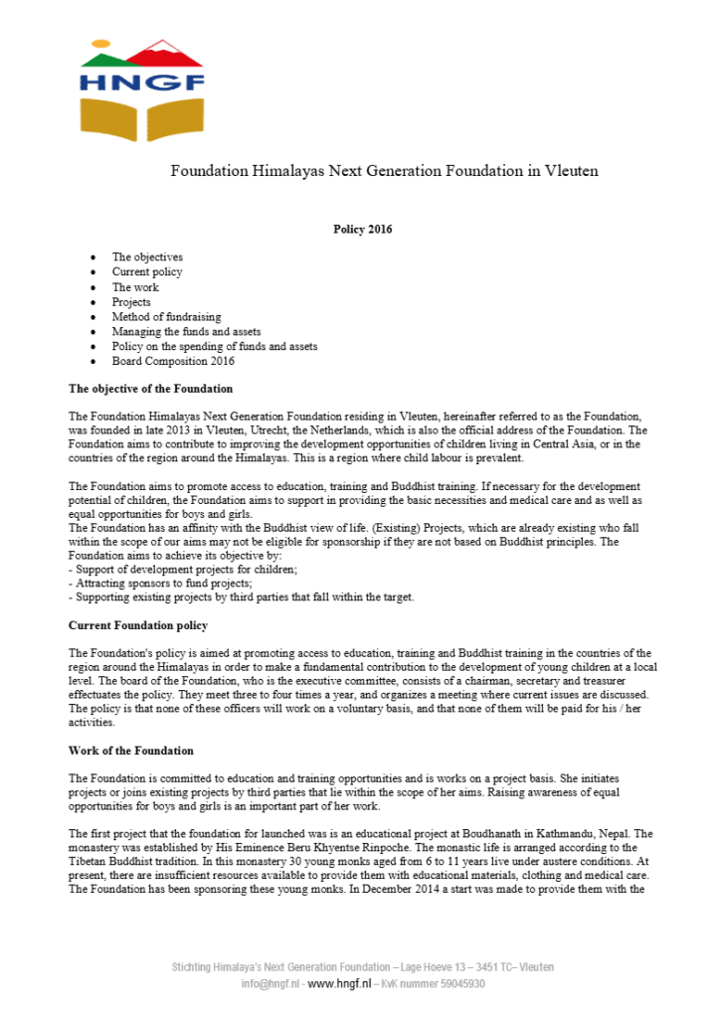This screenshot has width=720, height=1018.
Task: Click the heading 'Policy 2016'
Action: (362, 230)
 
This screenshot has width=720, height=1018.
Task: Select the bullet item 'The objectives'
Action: (147, 257)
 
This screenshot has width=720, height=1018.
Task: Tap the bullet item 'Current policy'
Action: (147, 272)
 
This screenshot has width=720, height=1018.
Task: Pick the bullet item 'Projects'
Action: (131, 302)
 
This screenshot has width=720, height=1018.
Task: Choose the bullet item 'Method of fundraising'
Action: (166, 317)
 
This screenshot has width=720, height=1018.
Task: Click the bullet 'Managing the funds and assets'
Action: (181, 332)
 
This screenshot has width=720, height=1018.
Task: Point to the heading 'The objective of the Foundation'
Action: (150, 388)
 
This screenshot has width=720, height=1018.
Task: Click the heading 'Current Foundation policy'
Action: (138, 625)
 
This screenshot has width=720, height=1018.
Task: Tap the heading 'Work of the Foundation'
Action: (131, 751)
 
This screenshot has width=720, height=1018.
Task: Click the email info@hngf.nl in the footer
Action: (270, 983)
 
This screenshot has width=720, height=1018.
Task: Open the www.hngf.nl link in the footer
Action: (339, 983)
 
